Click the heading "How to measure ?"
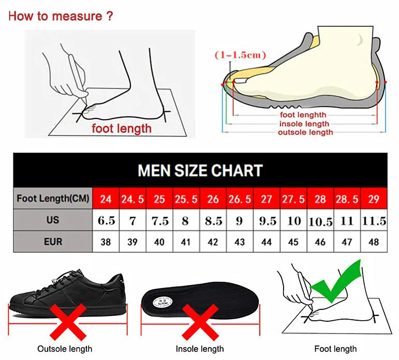(61, 16)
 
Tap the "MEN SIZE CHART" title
(200, 170)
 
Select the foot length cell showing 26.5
(240, 199)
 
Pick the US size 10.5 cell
(320, 221)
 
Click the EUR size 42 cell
(213, 242)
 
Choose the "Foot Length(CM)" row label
(53, 198)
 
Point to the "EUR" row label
(53, 242)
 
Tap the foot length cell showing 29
(374, 199)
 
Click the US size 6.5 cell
(106, 221)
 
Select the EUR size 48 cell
(374, 242)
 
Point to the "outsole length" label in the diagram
(305, 132)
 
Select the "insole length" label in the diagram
(304, 124)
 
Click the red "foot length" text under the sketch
(122, 128)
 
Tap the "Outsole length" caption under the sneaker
(65, 349)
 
